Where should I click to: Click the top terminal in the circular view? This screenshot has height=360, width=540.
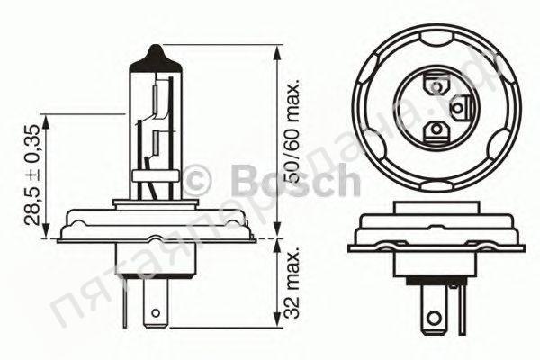coord(437,87)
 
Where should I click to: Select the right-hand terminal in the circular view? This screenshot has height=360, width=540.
coord(459,109)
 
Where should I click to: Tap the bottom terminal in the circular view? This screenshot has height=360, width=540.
coord(437,131)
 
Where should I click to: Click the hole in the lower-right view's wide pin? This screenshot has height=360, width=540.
coord(437,318)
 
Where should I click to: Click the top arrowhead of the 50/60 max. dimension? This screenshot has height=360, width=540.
coord(274,48)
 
